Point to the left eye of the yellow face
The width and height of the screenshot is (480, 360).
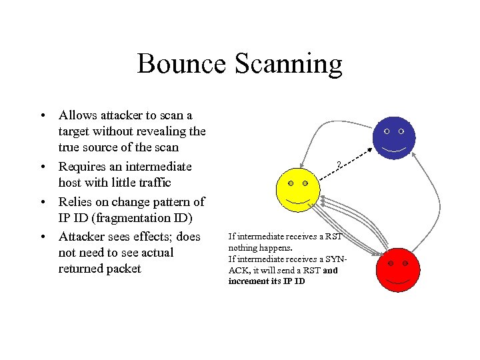[290, 183]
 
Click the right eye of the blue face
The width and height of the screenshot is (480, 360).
[401, 131]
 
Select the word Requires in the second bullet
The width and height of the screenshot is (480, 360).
[83, 167]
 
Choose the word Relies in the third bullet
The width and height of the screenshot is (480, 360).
[75, 201]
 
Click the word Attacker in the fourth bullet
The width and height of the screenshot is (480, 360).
[83, 236]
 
